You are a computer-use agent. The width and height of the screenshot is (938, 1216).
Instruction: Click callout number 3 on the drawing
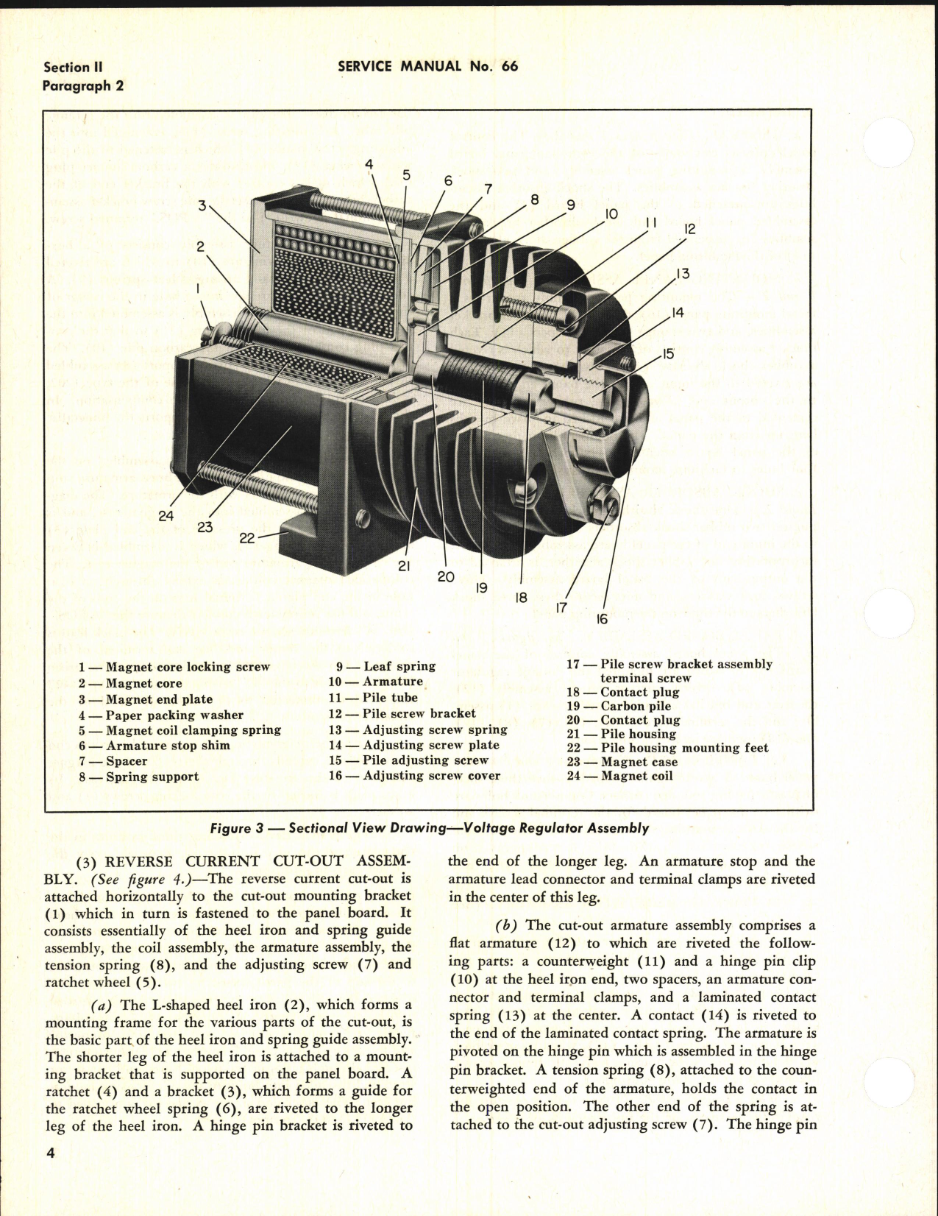click(202, 206)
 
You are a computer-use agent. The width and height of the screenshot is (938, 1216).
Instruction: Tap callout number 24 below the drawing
click(166, 516)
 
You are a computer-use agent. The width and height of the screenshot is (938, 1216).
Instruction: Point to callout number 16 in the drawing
click(602, 619)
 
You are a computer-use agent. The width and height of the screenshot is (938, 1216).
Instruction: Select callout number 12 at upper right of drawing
click(689, 230)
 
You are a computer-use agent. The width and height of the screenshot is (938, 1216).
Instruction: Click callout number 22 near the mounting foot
click(246, 538)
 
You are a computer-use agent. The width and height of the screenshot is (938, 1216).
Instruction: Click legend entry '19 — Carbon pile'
click(618, 706)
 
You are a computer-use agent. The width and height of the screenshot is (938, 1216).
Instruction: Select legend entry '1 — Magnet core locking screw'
click(174, 667)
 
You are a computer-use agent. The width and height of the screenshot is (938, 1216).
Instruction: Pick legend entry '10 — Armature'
click(376, 682)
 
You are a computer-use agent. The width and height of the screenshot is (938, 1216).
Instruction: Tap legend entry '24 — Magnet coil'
click(619, 776)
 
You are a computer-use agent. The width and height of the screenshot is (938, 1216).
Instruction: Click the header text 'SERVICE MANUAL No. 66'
click(427, 66)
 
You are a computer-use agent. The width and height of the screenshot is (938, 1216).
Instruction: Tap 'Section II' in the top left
click(72, 67)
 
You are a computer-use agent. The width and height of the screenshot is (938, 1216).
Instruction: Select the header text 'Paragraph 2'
click(82, 85)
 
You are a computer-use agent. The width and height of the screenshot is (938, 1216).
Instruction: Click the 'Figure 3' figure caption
click(430, 828)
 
